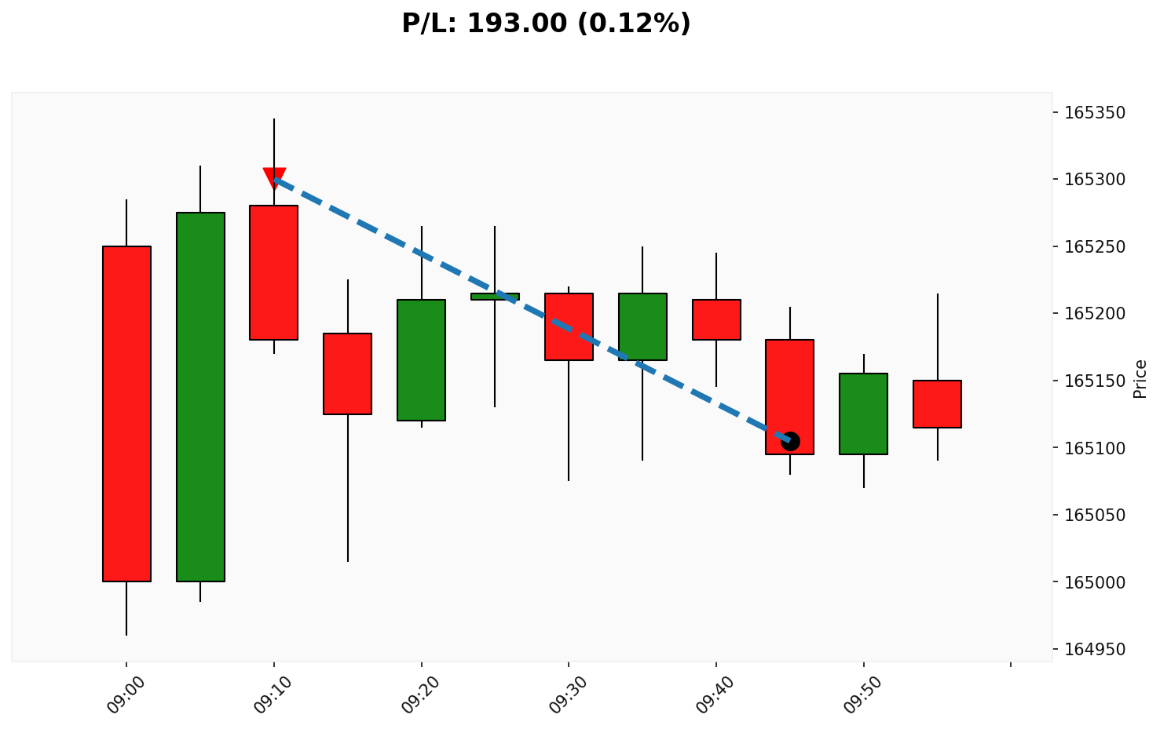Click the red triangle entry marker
274,177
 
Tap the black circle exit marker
790,441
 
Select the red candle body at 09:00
126,414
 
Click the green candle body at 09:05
200,396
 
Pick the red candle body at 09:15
348,374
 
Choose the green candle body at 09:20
422,359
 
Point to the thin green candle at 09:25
495,297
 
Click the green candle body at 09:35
642,326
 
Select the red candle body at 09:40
716,319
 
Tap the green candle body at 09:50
863,414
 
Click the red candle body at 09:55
937,403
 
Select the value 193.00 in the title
517,24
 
